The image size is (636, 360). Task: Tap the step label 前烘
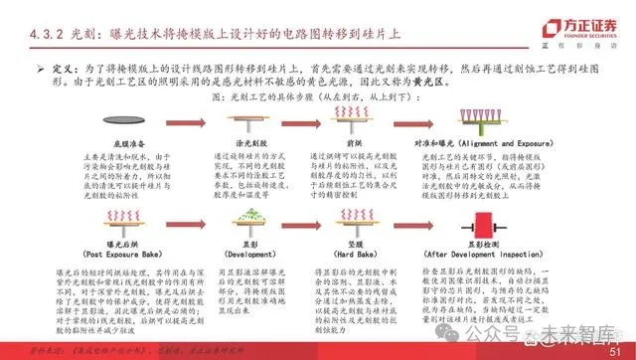click(x=374, y=144)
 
